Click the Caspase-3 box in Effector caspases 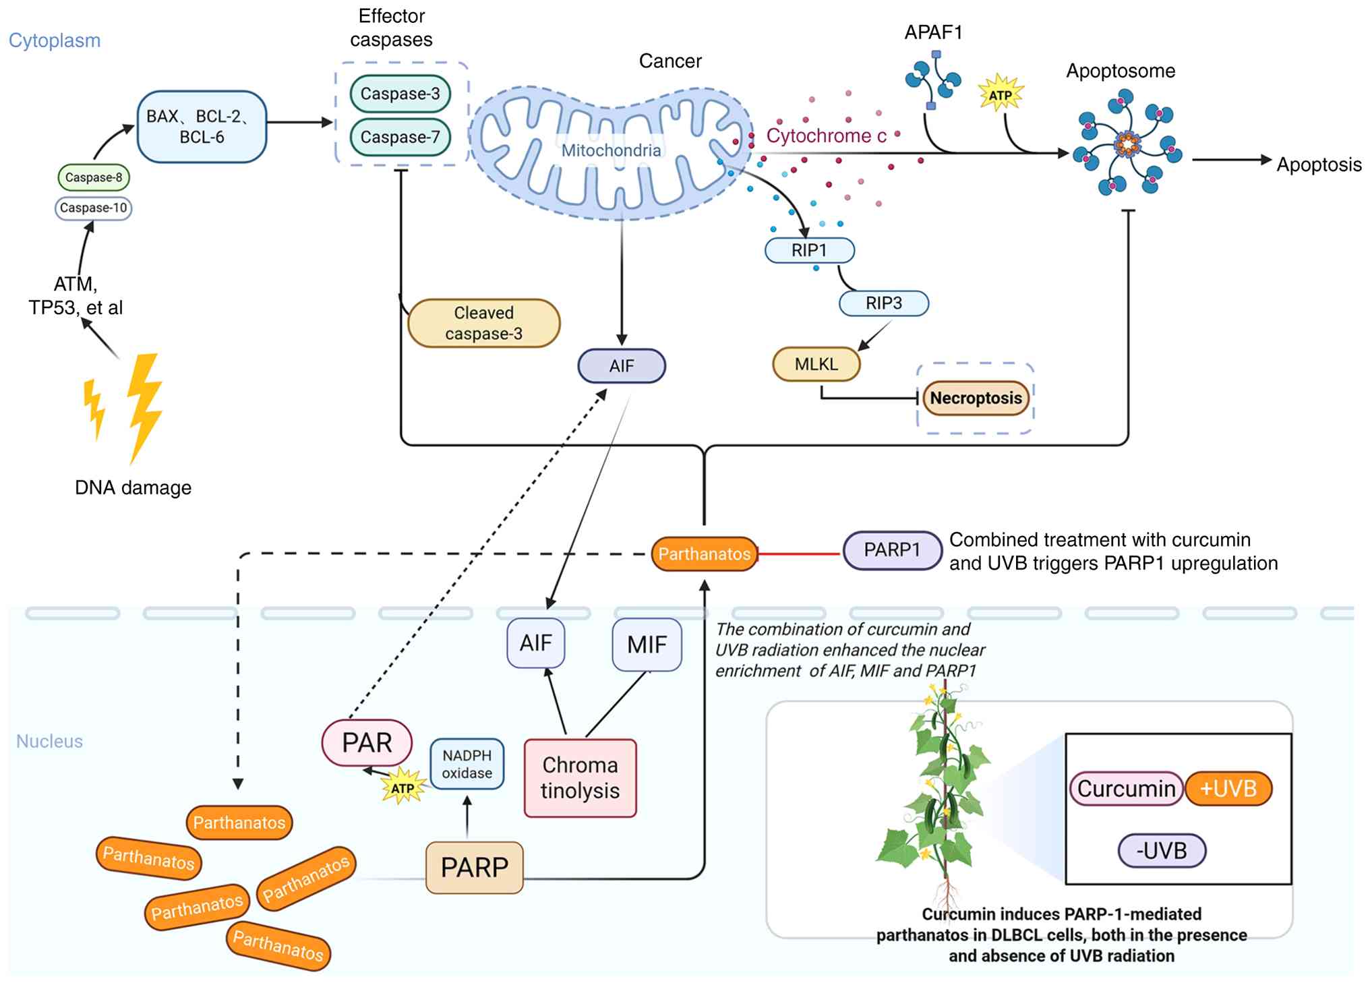coord(400,94)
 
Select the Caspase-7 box coord(400,137)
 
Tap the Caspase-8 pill coord(94,177)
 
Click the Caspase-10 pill coord(93,208)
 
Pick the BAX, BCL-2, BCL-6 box coord(202,127)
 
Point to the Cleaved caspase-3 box coord(483,323)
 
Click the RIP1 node coord(809,250)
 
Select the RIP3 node coord(883,303)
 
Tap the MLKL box coord(816,364)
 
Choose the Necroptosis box coord(976,398)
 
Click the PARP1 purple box coord(892,550)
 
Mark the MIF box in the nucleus coord(647,645)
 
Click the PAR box coord(367,742)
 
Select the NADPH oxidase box coord(467,764)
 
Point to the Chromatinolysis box coord(580,778)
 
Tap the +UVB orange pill coord(1228,788)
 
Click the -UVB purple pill coord(1161,850)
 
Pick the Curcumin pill coord(1126,788)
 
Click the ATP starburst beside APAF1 coord(1001,95)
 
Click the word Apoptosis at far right coord(1319,165)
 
